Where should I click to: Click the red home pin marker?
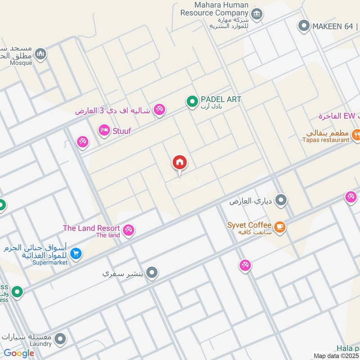pos(180,162)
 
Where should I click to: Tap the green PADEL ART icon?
pos(193,102)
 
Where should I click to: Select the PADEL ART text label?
pos(221,99)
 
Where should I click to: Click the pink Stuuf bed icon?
pos(104,130)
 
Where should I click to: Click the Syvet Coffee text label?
pos(249,225)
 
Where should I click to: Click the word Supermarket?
pos(49,262)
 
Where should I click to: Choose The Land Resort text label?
pos(91,228)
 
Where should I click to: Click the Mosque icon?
pos(41,54)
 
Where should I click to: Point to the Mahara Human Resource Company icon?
pos(257,14)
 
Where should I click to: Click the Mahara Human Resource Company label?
pos(214,9)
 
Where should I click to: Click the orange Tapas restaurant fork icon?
pos(356,134)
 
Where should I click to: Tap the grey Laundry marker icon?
pos(60,339)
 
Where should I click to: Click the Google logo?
pos(19,353)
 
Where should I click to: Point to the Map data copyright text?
pos(336,356)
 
